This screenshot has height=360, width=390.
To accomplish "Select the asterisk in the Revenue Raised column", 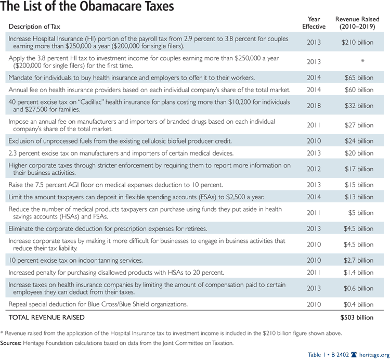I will click(362, 61).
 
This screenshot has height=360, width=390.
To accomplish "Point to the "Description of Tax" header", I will click(35, 26).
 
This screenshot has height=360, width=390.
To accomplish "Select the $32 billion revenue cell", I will click(359, 106).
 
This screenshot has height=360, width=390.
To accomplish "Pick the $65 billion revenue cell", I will click(359, 78).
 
